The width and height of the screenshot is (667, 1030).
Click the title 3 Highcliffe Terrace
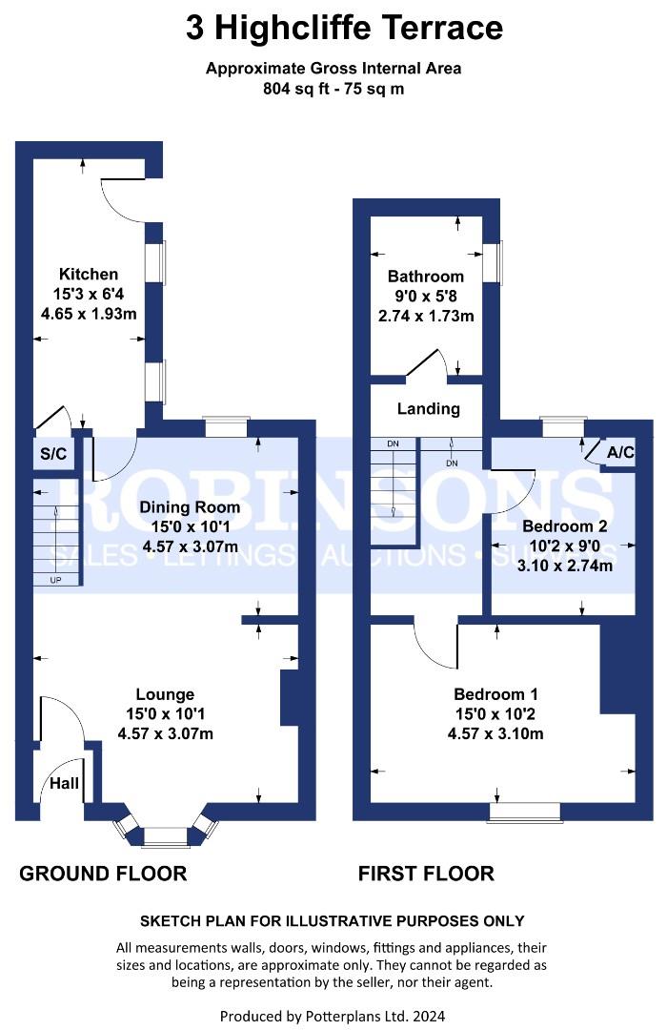pyautogui.click(x=344, y=28)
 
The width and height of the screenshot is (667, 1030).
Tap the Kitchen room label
pyautogui.click(x=89, y=275)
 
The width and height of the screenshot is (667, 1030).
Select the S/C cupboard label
pyautogui.click(x=53, y=454)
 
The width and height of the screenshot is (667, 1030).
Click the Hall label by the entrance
pyautogui.click(x=65, y=784)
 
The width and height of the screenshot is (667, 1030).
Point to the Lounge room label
pyautogui.click(x=165, y=694)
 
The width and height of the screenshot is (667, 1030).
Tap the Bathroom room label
pyautogui.click(x=425, y=277)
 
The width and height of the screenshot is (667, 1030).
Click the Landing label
pyautogui.click(x=429, y=408)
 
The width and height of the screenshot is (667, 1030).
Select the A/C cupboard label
pyautogui.click(x=620, y=452)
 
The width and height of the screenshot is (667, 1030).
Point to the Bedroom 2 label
pyautogui.click(x=565, y=525)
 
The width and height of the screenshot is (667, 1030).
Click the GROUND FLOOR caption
pyautogui.click(x=103, y=874)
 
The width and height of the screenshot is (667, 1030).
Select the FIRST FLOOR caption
pyautogui.click(x=426, y=874)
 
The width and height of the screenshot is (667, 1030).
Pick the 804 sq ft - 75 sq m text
pyautogui.click(x=333, y=91)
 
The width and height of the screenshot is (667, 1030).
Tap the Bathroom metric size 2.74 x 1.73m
pyautogui.click(x=425, y=316)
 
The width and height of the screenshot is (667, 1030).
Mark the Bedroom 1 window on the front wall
pyautogui.click(x=525, y=812)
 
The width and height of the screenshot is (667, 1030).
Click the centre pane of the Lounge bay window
pyautogui.click(x=167, y=837)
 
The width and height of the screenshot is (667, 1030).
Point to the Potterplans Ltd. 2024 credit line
pyautogui.click(x=333, y=1017)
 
